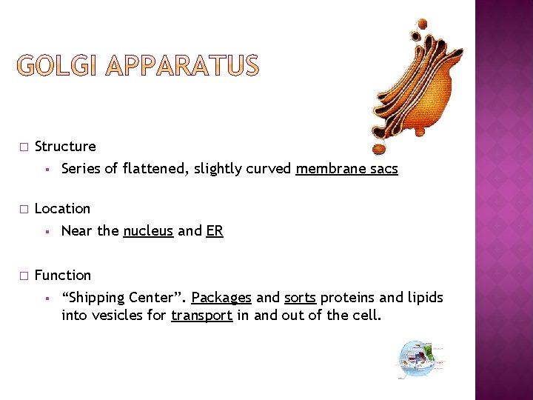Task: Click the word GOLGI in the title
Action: click(x=59, y=67)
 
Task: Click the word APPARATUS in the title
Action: click(x=184, y=67)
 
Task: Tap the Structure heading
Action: click(x=65, y=147)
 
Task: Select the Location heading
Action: click(x=62, y=209)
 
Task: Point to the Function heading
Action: click(x=63, y=276)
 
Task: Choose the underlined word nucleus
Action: click(x=148, y=231)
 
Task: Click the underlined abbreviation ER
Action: click(x=215, y=231)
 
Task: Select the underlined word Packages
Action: click(x=221, y=298)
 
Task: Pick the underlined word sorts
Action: click(x=300, y=298)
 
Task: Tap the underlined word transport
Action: click(x=202, y=316)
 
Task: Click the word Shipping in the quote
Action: click(x=95, y=298)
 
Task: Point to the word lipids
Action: click(x=424, y=298)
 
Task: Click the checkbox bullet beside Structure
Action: click(x=24, y=147)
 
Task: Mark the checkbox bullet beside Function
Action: click(x=24, y=276)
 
